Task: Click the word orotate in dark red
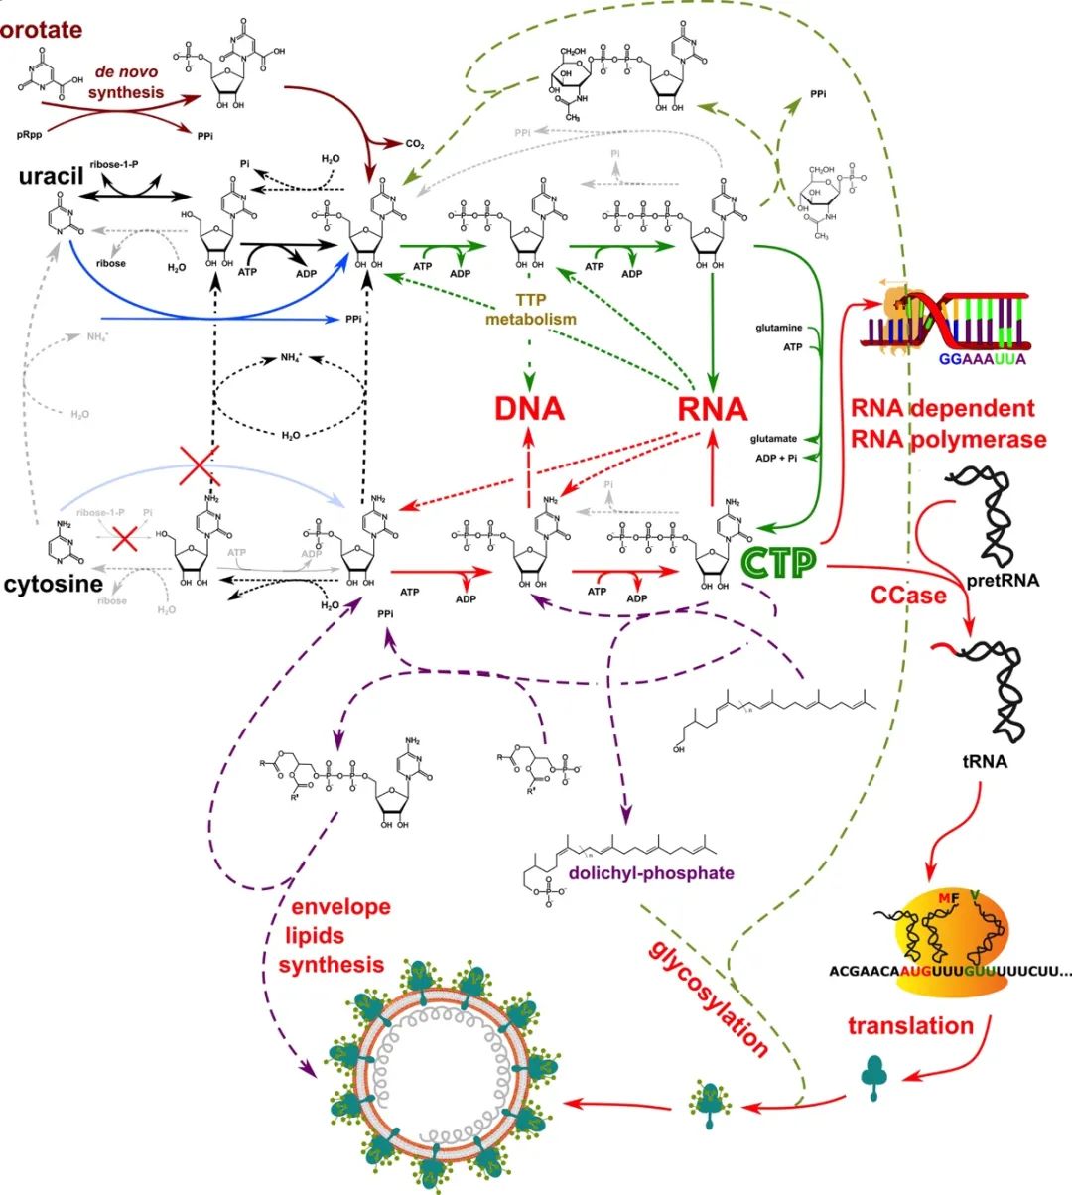click(42, 30)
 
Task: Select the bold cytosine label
click(54, 584)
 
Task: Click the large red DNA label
click(529, 408)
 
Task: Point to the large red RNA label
click(712, 408)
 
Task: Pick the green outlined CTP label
click(778, 563)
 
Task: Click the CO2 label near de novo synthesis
click(415, 144)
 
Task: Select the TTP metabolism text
click(531, 310)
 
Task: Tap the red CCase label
click(908, 595)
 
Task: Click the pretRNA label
click(1003, 581)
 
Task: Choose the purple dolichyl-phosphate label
click(651, 873)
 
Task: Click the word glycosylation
click(709, 997)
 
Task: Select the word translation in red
click(910, 1025)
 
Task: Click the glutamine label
click(778, 327)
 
